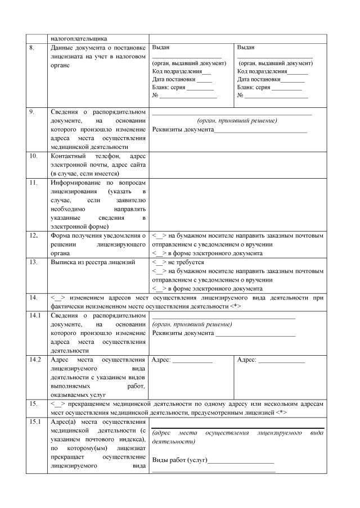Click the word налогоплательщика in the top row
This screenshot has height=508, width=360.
click(79, 39)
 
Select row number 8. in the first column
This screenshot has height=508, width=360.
click(32, 48)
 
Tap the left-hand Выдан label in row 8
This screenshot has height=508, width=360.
click(161, 48)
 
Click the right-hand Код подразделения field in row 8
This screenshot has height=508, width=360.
click(273, 71)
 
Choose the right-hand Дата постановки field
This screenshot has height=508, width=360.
click(271, 80)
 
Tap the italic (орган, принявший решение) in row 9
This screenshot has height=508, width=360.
click(237, 121)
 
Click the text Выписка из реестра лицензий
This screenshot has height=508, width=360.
click(93, 262)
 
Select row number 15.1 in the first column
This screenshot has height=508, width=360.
click(35, 421)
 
